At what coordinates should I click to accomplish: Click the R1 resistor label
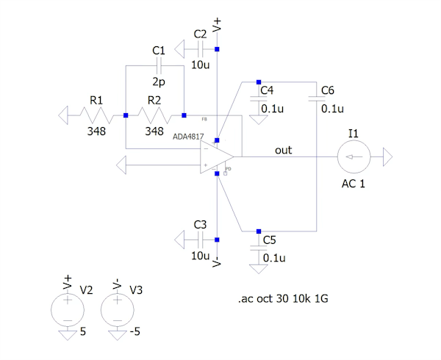point(96,100)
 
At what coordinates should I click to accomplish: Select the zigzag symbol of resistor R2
point(154,115)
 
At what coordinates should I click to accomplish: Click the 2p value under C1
point(158,82)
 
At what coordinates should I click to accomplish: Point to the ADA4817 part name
point(190,137)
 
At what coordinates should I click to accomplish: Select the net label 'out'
point(283,150)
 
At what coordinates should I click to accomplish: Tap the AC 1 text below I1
point(354,183)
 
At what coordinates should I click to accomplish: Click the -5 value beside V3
point(136,331)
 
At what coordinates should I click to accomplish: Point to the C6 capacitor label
point(328,90)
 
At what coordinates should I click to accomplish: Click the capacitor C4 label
point(267,90)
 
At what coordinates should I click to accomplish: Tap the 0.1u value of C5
point(273,258)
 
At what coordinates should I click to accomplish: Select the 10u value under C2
point(200,65)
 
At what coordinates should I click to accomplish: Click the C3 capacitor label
point(200,224)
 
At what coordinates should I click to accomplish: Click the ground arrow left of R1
point(65,115)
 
